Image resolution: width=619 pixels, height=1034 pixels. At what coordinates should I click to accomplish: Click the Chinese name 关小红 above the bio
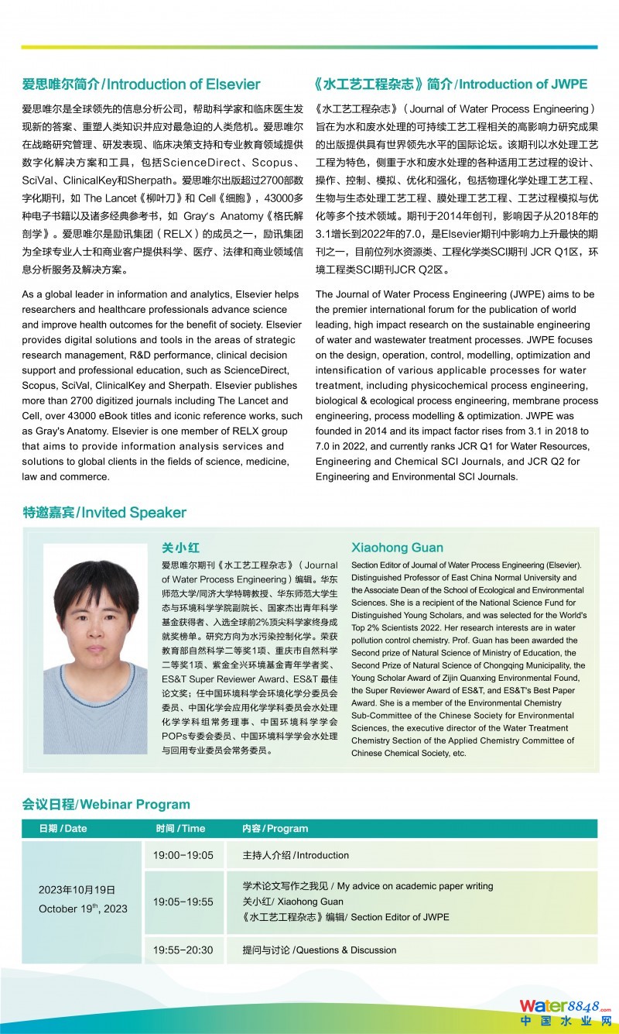pyautogui.click(x=180, y=547)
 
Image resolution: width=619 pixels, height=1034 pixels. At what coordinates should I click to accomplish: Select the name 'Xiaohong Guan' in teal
pyautogui.click(x=397, y=547)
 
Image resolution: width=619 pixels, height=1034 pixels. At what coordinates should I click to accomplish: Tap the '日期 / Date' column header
pyautogui.click(x=63, y=828)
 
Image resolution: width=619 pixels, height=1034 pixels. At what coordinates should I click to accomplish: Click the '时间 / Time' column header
pyautogui.click(x=180, y=828)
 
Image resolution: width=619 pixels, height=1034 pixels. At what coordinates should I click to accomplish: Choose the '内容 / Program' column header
pyautogui.click(x=275, y=828)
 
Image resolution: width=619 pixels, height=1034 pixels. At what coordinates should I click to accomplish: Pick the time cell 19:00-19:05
pyautogui.click(x=183, y=855)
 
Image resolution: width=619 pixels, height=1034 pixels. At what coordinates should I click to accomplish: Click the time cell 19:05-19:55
pyautogui.click(x=183, y=902)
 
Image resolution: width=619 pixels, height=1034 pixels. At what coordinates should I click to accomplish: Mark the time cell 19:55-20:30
pyautogui.click(x=183, y=950)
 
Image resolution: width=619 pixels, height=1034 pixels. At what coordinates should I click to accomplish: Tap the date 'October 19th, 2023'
pyautogui.click(x=83, y=909)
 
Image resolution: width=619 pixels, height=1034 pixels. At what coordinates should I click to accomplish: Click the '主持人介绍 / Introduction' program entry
pyautogui.click(x=296, y=855)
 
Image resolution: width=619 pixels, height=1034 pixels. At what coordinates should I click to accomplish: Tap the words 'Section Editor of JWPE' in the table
pyautogui.click(x=400, y=917)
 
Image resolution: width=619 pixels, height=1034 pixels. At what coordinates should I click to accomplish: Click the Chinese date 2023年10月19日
pyautogui.click(x=77, y=890)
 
